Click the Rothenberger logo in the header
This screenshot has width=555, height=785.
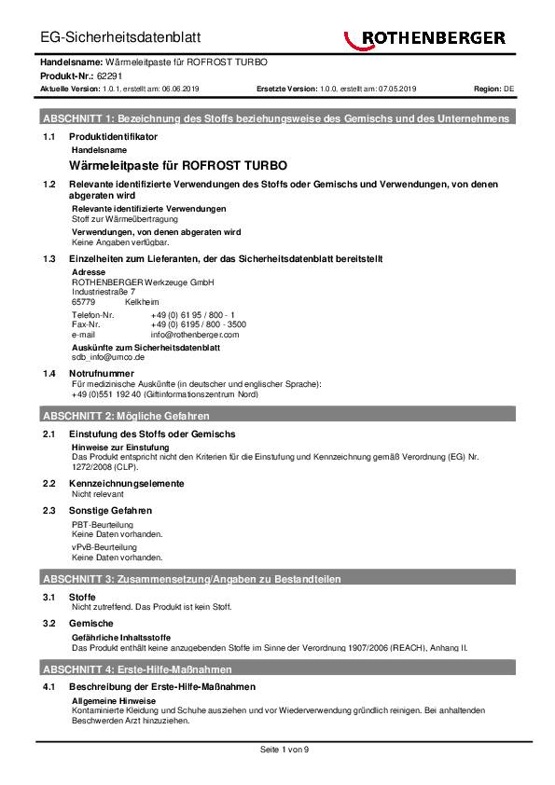424,38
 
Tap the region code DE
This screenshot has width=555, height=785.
508,89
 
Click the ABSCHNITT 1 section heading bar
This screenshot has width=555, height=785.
276,119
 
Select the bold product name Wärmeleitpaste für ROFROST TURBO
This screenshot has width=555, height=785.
179,164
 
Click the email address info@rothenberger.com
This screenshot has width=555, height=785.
194,334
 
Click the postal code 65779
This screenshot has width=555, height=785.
83,302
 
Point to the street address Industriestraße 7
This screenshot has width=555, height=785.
103,292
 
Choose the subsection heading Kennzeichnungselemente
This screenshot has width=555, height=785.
127,484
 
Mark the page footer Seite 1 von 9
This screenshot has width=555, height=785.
277,750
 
